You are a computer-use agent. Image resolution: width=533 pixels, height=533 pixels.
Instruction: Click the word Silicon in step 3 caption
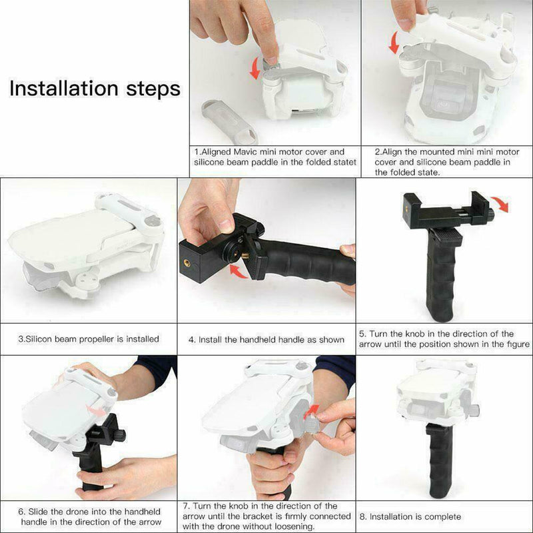point(40,339)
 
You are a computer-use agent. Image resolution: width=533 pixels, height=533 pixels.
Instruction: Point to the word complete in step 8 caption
point(443,516)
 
